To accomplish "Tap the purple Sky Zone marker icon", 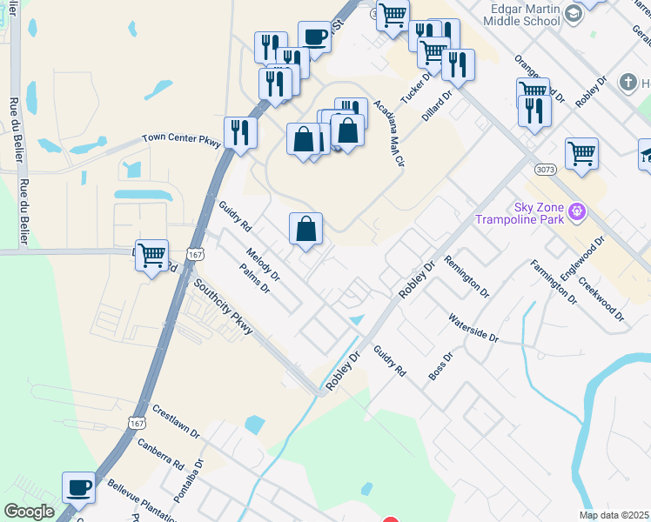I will [575, 211].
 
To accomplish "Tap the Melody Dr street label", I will [263, 264].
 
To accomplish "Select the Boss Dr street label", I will [441, 365].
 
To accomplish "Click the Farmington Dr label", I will [553, 280].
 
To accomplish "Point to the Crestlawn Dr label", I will [176, 421].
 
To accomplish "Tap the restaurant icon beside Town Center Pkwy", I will [239, 132].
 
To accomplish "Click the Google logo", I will [29, 512].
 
